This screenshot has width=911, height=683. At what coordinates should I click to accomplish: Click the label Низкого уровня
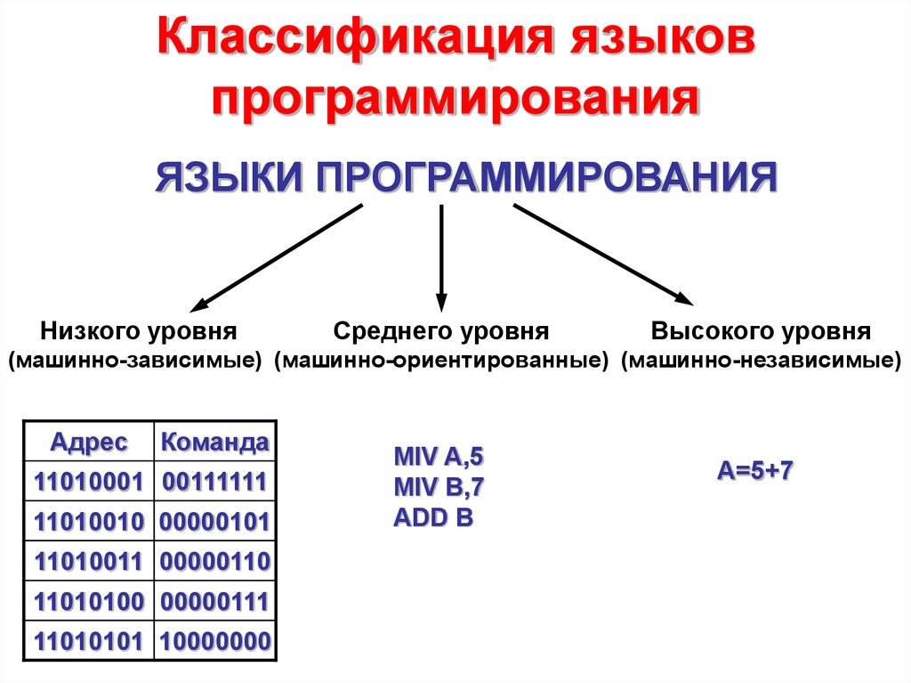click(138, 332)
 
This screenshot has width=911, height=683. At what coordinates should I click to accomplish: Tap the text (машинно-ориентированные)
click(441, 362)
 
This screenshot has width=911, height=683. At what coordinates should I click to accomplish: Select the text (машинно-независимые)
click(761, 362)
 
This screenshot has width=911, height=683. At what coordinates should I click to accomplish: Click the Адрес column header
click(89, 442)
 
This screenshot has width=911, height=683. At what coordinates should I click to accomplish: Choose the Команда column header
click(214, 442)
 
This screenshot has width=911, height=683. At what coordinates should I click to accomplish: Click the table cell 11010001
click(89, 482)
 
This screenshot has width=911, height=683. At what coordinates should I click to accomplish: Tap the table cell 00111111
click(214, 482)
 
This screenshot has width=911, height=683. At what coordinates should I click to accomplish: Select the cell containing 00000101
click(214, 522)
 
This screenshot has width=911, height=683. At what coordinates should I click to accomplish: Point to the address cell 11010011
click(89, 562)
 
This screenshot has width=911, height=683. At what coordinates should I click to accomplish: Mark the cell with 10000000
click(214, 641)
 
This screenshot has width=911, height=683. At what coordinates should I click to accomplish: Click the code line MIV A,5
click(439, 458)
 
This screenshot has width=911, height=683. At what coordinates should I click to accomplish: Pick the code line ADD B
click(432, 518)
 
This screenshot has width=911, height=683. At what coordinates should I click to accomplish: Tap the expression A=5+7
click(755, 470)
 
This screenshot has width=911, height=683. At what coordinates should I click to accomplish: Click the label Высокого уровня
click(761, 332)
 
